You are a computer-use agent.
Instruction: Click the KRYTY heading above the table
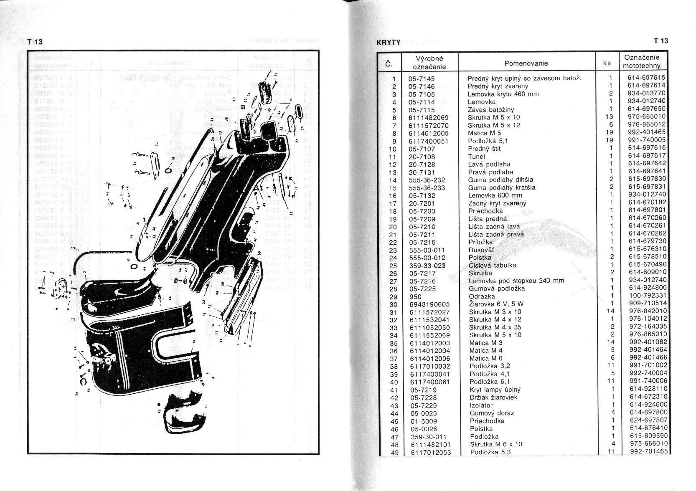tap(389, 43)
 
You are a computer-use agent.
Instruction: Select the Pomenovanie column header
tap(526, 63)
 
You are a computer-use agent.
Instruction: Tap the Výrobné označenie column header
tap(429, 62)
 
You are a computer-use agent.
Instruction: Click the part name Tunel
tap(476, 157)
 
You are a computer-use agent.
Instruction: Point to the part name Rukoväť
tap(481, 250)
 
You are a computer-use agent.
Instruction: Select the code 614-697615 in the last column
tap(647, 78)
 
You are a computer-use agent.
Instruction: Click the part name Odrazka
tap(482, 296)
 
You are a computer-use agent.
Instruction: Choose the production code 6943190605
tap(429, 304)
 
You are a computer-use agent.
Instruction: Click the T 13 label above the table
tap(661, 41)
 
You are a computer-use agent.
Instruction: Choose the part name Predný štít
tap(484, 149)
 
